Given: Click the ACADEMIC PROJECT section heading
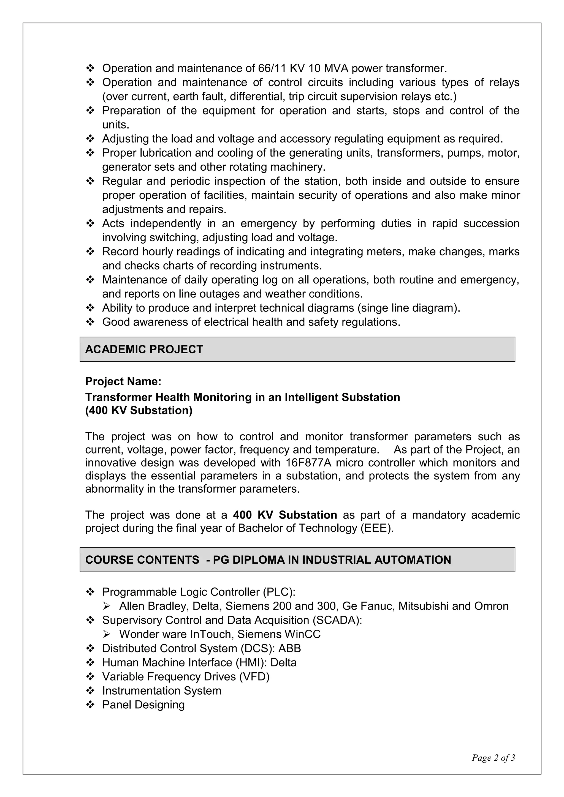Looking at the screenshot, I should pos(144,349).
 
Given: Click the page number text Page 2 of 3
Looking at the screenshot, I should pos(493,757).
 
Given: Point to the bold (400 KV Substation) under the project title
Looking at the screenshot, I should pos(139,410).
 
